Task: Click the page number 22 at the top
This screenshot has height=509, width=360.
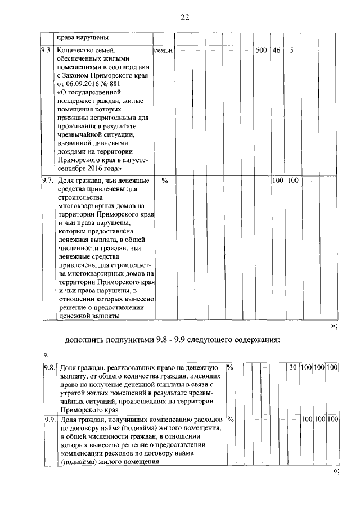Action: [184, 17]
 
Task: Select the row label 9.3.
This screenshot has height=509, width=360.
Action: [47, 51]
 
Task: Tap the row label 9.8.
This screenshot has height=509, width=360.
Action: [49, 367]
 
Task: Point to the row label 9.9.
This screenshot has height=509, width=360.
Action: [49, 419]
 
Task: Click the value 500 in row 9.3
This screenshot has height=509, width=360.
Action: [261, 51]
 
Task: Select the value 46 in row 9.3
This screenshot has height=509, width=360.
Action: [276, 51]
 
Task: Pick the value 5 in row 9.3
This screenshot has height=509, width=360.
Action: [291, 51]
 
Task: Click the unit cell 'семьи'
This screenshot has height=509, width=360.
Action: [163, 51]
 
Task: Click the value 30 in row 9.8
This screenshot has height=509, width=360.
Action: [292, 367]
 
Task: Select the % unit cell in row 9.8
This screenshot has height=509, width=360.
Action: [229, 367]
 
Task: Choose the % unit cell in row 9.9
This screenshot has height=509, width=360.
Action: [229, 419]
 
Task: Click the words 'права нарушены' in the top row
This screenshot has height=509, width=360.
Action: [83, 38]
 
